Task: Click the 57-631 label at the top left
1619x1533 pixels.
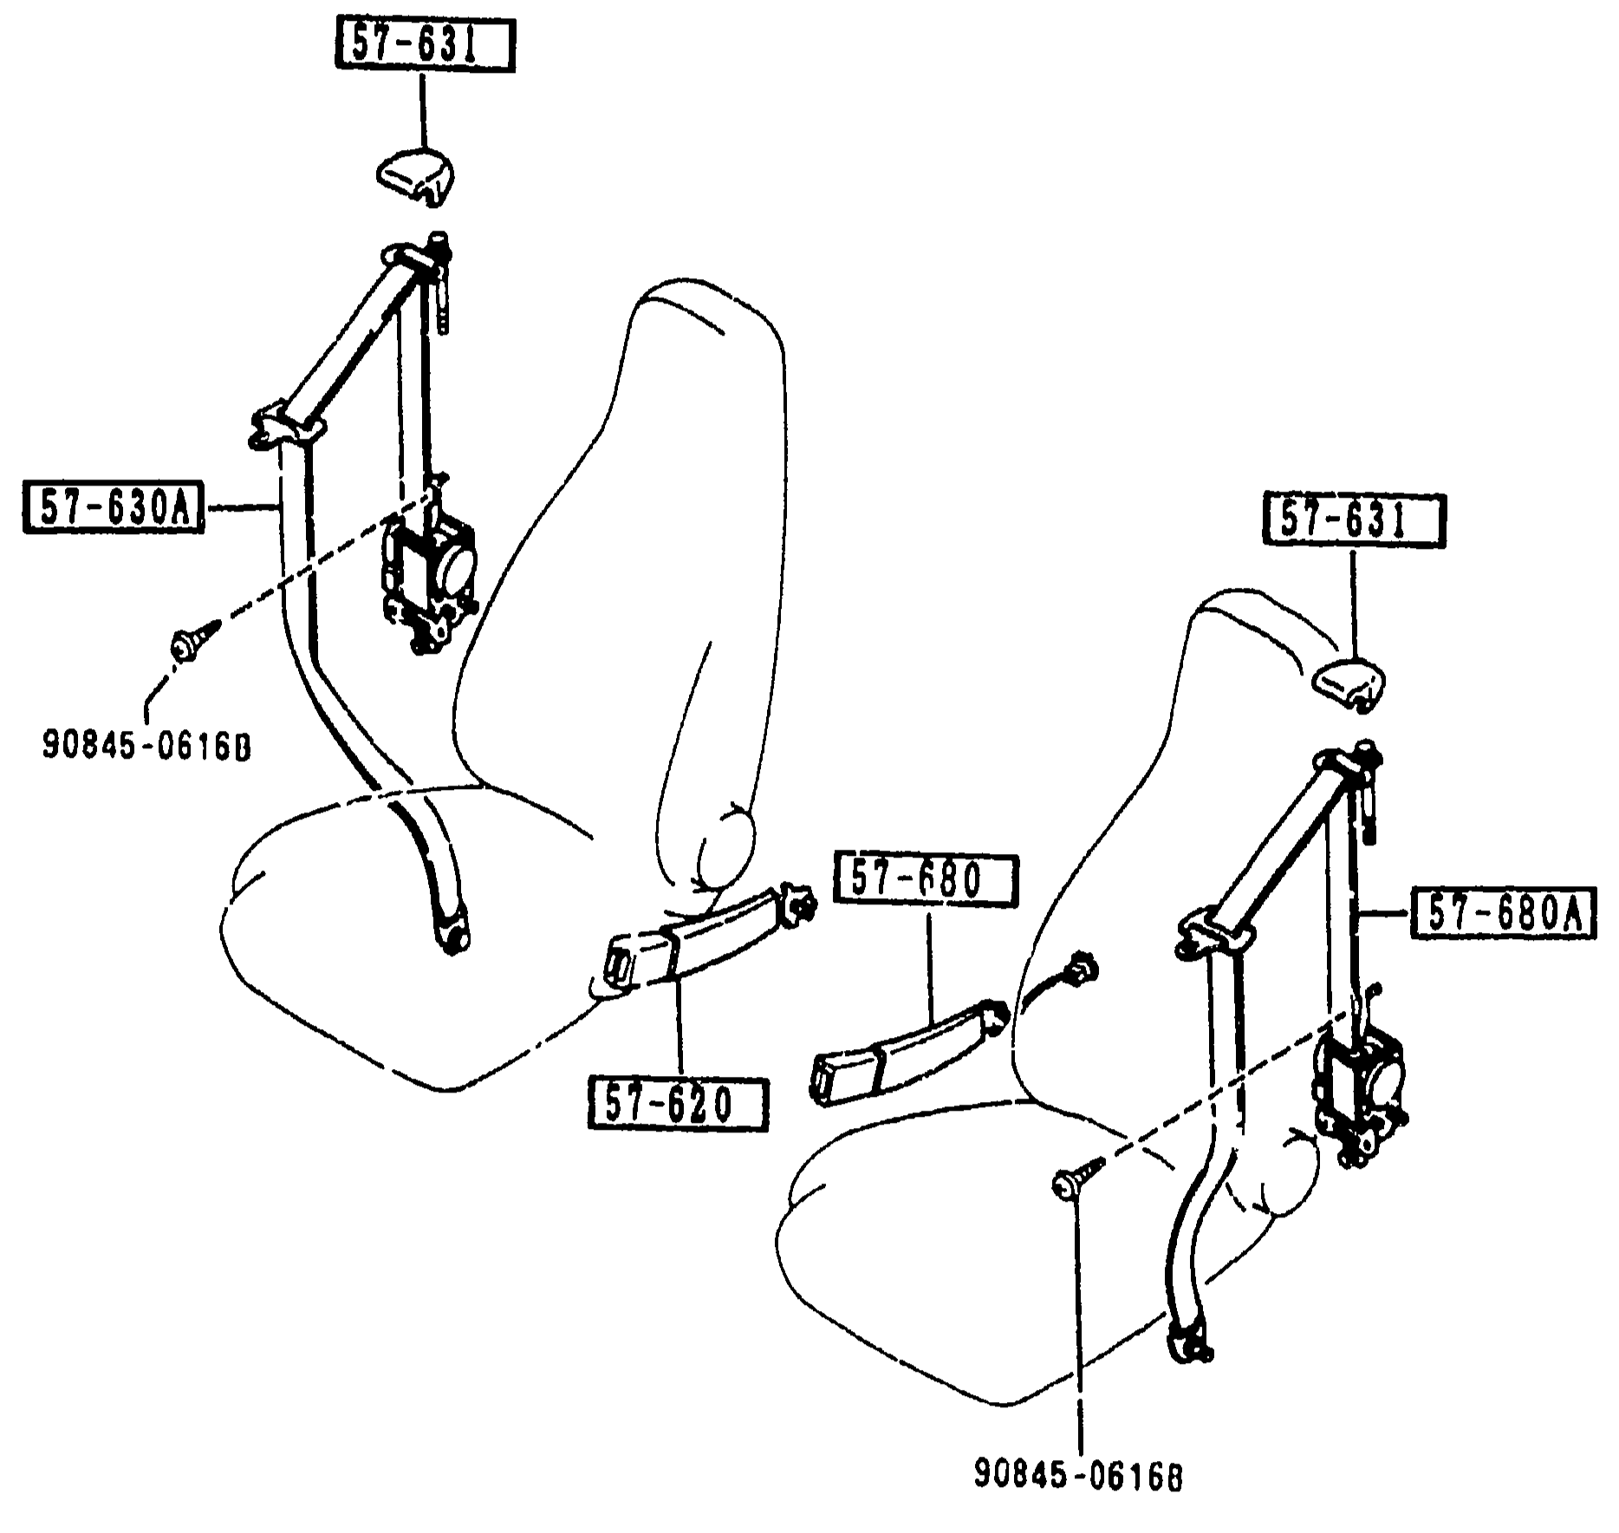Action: [x=425, y=46]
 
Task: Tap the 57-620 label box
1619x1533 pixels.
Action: [x=678, y=1103]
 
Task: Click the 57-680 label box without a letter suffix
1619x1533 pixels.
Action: [x=924, y=881]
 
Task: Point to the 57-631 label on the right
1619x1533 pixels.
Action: [x=1353, y=520]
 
